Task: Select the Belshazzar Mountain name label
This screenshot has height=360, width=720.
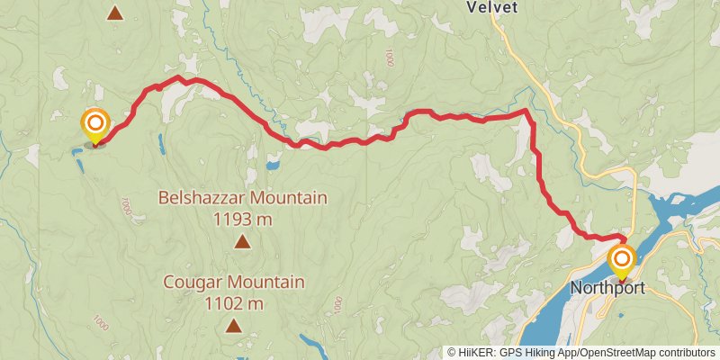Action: (243, 198)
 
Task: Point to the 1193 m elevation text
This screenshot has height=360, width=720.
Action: (243, 218)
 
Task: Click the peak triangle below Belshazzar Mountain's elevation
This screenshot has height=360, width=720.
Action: (242, 240)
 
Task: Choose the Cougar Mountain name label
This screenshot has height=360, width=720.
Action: (234, 283)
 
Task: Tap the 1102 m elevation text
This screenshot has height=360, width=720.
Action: (234, 303)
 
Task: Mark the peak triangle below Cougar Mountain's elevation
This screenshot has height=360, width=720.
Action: (234, 325)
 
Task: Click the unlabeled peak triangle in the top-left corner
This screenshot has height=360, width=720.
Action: (115, 13)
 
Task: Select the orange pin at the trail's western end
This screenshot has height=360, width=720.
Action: (94, 124)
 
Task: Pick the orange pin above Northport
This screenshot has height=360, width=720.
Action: (621, 259)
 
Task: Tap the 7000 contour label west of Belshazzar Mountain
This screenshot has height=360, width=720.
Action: (125, 206)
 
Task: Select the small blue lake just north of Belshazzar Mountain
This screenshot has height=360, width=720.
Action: (272, 165)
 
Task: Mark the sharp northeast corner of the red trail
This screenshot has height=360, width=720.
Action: (526, 111)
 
